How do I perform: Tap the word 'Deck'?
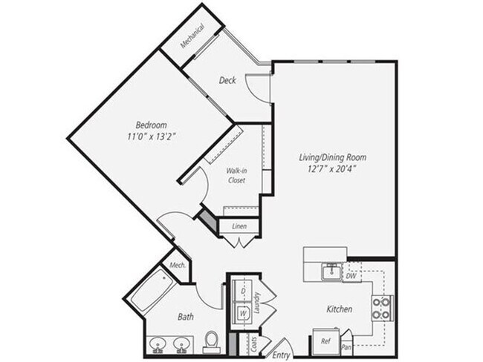click(227, 80)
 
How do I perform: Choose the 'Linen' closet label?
click(239, 226)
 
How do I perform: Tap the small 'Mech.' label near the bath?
click(177, 266)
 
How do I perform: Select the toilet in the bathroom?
click(212, 341)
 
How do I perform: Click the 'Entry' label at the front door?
click(281, 355)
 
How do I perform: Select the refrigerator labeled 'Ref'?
click(325, 342)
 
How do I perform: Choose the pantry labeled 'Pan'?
click(346, 346)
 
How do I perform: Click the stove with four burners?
click(381, 307)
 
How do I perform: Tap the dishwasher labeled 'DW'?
click(351, 276)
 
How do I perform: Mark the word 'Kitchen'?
click(338, 309)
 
